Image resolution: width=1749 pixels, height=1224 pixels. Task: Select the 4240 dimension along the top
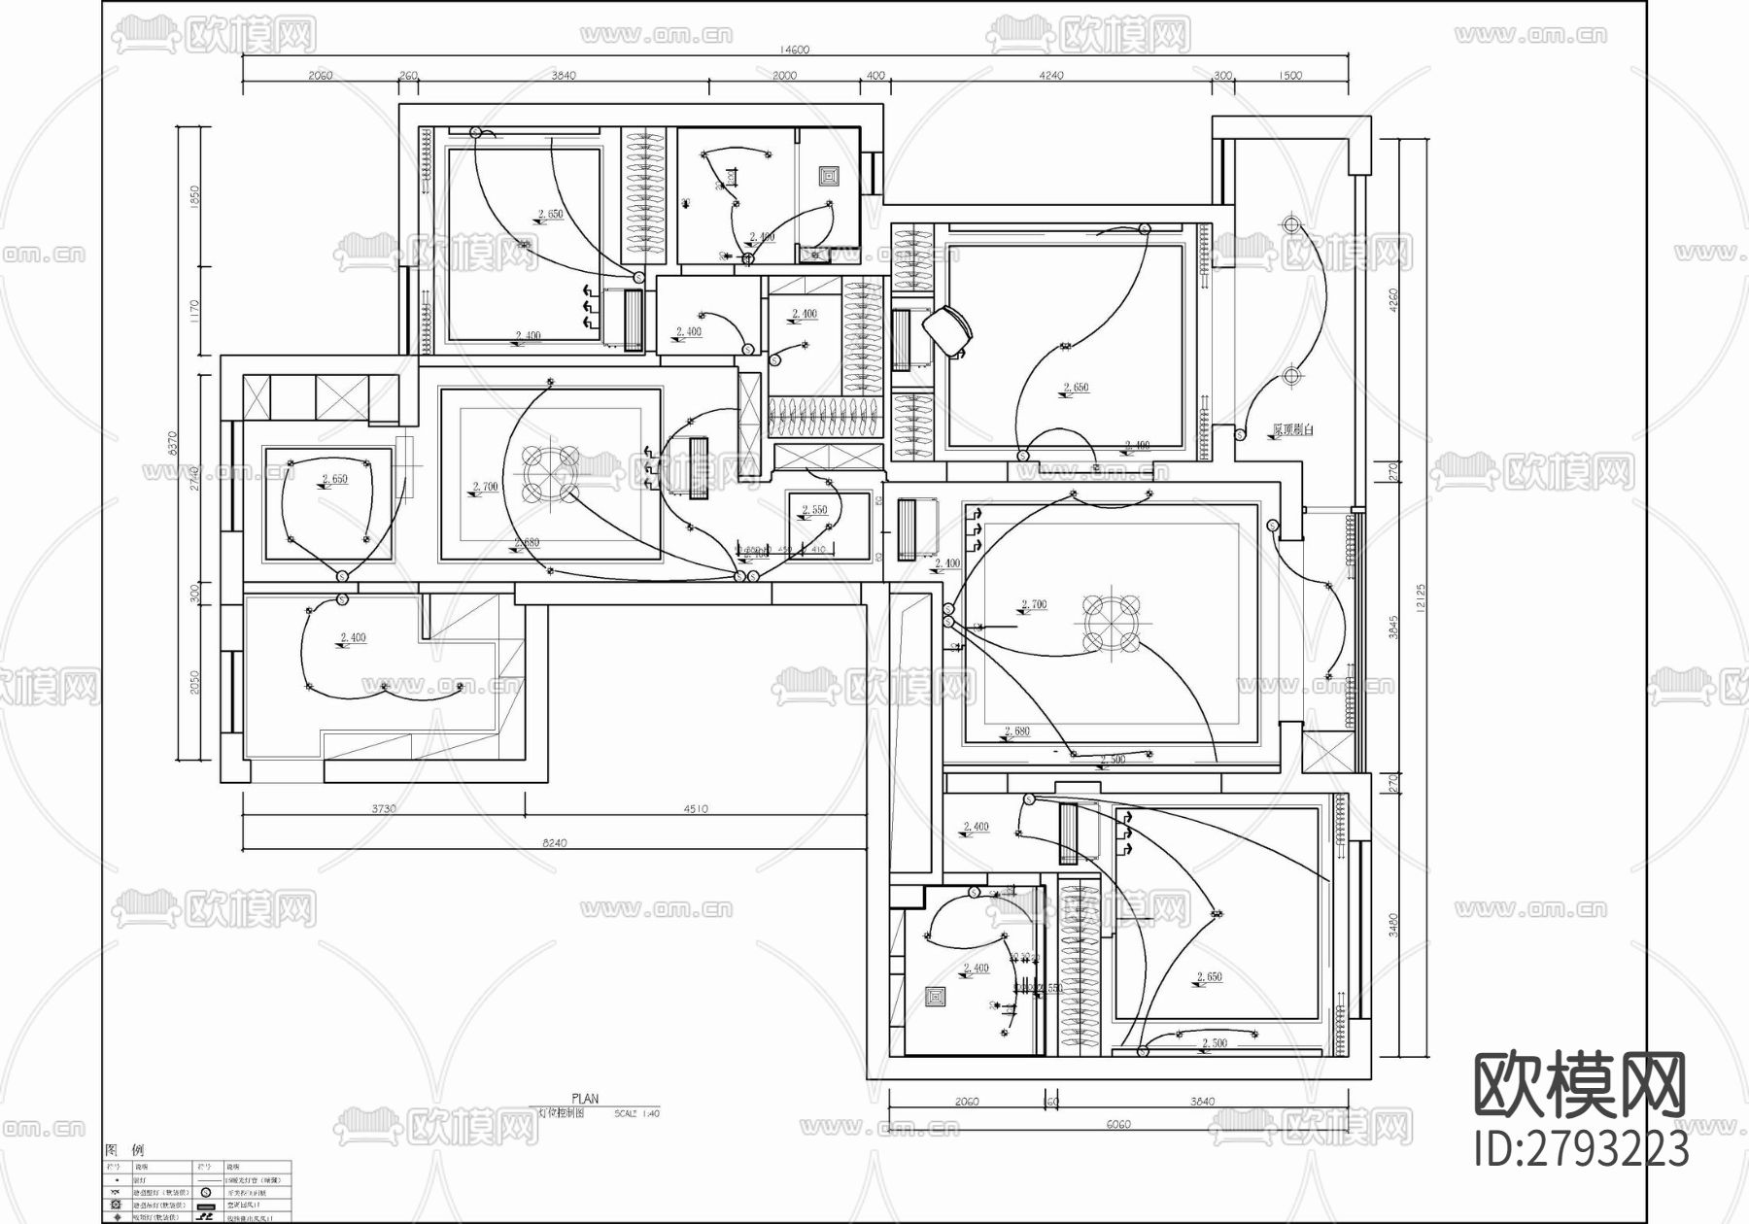(1051, 75)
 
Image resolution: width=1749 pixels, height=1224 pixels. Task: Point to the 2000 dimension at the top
(784, 75)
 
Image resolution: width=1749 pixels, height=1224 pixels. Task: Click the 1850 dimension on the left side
(194, 197)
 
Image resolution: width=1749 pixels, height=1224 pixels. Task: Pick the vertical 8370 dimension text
(174, 443)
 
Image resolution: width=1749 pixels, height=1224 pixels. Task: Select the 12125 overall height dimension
(1421, 599)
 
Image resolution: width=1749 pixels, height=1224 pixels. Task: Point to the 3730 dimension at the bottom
(384, 808)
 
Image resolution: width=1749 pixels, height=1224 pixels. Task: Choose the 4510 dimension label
(696, 808)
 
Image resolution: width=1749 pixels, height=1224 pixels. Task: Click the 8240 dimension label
(554, 843)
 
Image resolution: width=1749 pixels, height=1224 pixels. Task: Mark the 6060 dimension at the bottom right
(1118, 1125)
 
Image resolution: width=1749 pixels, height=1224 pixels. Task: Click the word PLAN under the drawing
(585, 1099)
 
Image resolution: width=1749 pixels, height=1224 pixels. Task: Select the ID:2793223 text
(1582, 1150)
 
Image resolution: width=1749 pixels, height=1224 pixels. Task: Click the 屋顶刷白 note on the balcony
(1292, 429)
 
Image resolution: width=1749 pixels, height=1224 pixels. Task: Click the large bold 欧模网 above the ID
(1581, 1086)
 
